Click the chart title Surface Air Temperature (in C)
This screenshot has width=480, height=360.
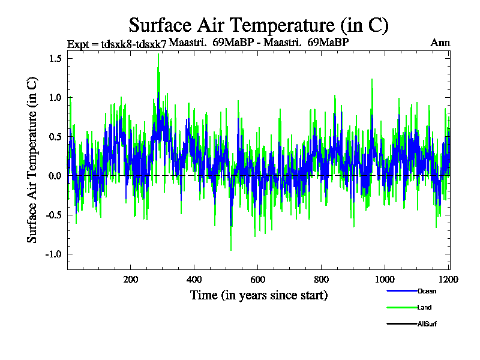pyautogui.click(x=259, y=25)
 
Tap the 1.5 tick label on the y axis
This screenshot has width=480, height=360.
pyautogui.click(x=56, y=59)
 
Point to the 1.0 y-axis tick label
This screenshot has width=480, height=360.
pyautogui.click(x=56, y=98)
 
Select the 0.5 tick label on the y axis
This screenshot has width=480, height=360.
pyautogui.click(x=56, y=137)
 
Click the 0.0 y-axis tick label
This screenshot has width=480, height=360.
pyautogui.click(x=56, y=176)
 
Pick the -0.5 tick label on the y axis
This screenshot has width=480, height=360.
pyautogui.click(x=54, y=215)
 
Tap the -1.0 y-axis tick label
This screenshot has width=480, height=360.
pyautogui.click(x=54, y=254)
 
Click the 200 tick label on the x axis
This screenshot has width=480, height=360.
pyautogui.click(x=131, y=280)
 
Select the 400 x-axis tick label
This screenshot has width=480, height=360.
pyautogui.click(x=194, y=280)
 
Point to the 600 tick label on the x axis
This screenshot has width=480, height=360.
pyautogui.click(x=258, y=280)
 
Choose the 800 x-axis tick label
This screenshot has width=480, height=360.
pyautogui.click(x=321, y=280)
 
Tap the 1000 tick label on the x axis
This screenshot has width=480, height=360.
pyautogui.click(x=385, y=280)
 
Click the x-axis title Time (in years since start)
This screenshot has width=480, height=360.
pyautogui.click(x=259, y=295)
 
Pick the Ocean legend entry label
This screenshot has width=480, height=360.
pyautogui.click(x=427, y=291)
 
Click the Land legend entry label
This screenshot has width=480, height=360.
pyautogui.click(x=424, y=308)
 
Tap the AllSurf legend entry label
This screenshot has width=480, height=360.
pyautogui.click(x=427, y=325)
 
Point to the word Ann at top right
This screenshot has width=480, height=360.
pyautogui.click(x=440, y=43)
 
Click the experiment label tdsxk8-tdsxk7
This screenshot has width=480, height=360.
pyautogui.click(x=118, y=44)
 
